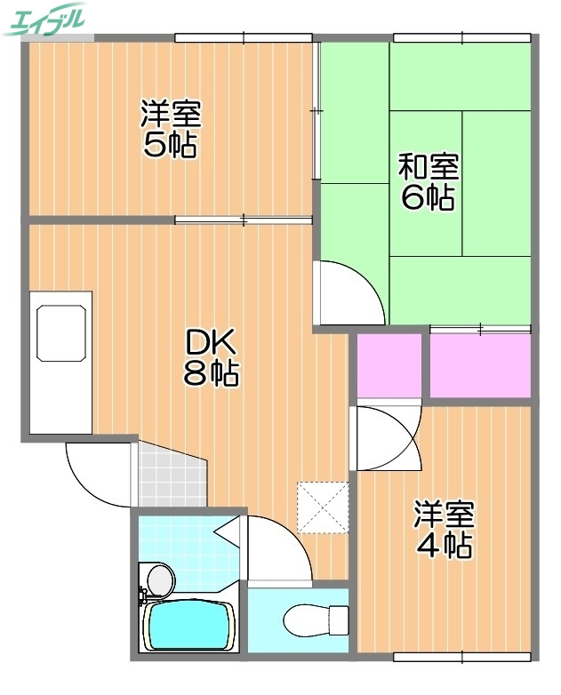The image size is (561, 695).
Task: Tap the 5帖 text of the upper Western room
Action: point(171,145)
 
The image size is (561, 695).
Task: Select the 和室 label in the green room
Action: point(428,165)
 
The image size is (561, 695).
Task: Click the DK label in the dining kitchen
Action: point(211,341)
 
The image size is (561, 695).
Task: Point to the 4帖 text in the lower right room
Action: point(445,545)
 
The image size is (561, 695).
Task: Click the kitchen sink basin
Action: point(60,332)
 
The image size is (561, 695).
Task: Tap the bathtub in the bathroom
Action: point(188,626)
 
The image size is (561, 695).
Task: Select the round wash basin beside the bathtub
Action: point(159,580)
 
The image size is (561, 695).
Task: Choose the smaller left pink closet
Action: point(389,365)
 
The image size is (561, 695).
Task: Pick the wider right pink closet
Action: point(480,365)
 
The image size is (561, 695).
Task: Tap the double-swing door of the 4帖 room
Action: point(387,436)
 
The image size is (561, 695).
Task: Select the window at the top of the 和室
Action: point(462,37)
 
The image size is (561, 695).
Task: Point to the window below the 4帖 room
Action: point(462,657)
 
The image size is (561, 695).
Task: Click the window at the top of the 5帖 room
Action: point(244,37)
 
